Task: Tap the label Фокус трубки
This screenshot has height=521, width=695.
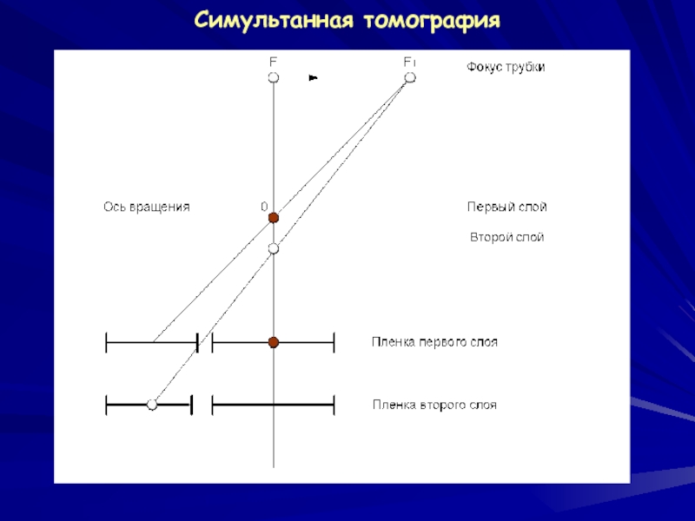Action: coord(506,67)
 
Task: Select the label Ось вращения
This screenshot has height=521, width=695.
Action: coord(147,207)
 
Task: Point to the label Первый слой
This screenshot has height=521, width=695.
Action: coord(506,207)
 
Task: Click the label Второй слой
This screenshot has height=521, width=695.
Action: coord(506,236)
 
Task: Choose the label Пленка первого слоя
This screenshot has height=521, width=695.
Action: coord(434,342)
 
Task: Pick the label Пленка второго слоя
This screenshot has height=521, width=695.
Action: coord(434,405)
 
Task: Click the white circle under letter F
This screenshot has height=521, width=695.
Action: coord(274,78)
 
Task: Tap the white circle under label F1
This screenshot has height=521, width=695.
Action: coord(410,78)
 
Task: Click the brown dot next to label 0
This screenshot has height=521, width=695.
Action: coord(273,218)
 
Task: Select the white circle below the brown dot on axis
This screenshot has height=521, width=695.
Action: coord(274,249)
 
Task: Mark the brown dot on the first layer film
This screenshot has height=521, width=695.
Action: coord(273,343)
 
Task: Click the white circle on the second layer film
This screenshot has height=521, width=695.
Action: coord(152,405)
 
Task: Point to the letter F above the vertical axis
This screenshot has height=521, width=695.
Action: coord(273,63)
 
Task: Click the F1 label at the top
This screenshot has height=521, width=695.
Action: coord(409,63)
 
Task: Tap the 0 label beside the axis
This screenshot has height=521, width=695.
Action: coord(263,207)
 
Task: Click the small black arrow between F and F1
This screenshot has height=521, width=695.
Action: coord(314,78)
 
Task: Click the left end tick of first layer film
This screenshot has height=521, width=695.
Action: coord(106,343)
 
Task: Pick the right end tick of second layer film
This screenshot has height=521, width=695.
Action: coord(334,405)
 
